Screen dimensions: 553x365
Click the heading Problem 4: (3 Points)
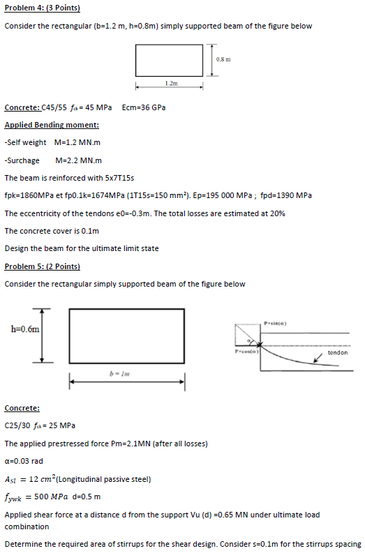[42, 8]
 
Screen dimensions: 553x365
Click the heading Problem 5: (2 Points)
[42, 266]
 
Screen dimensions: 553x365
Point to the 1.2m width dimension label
[171, 83]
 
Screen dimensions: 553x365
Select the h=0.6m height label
[24, 328]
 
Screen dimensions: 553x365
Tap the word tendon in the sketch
[337, 353]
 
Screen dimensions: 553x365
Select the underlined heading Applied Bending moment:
[52, 126]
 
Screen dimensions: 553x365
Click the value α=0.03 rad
[25, 461]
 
